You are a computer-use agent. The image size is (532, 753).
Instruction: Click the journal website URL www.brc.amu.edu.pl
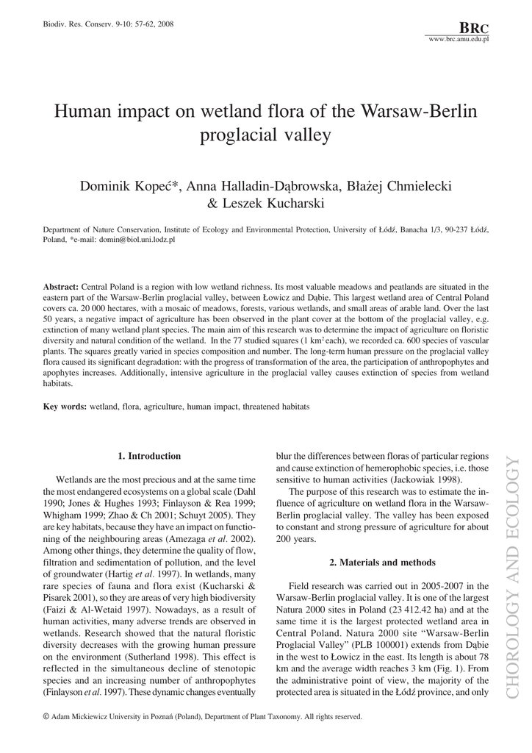click(458, 38)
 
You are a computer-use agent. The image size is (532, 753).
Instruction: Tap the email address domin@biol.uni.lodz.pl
click(137, 239)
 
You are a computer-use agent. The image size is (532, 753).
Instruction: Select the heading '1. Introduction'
click(149, 456)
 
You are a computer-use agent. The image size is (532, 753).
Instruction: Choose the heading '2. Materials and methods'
click(382, 563)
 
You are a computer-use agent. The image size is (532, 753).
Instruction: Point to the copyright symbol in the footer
click(47, 715)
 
